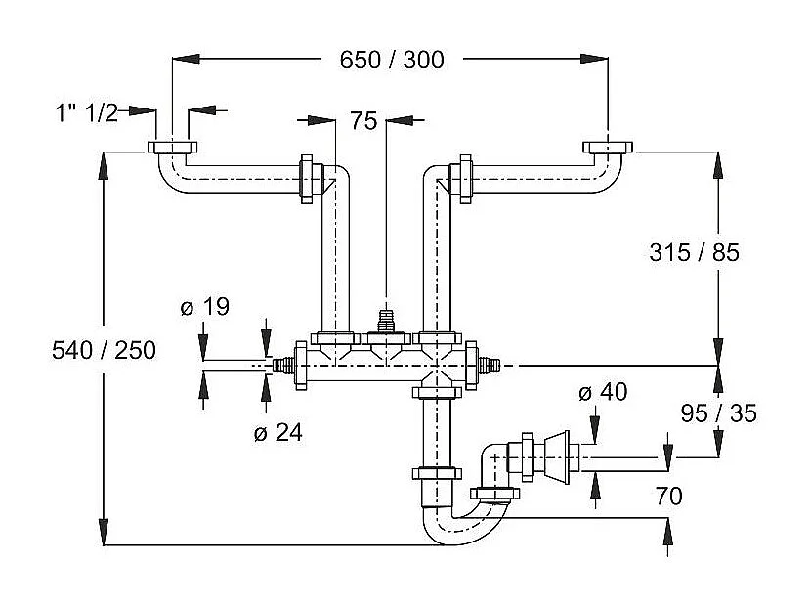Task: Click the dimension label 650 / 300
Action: [391, 60]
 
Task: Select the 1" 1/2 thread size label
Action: [86, 112]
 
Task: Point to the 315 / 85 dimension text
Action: [694, 252]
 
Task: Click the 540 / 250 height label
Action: [103, 350]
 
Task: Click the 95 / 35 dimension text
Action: [718, 413]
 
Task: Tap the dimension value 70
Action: [669, 497]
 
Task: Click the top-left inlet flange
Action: [172, 149]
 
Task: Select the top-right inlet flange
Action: [607, 148]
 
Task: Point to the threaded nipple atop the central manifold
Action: [386, 322]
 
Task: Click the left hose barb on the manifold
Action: [283, 366]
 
